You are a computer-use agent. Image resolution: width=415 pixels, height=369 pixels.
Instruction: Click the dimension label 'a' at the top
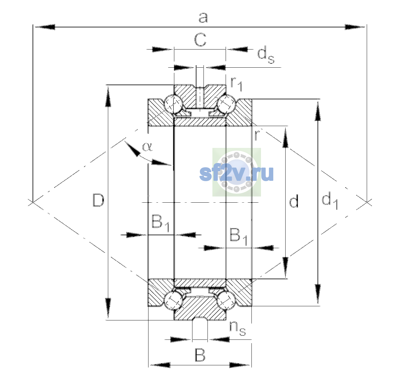(x=203, y=18)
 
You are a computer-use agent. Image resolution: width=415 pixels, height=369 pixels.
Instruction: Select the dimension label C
(x=200, y=40)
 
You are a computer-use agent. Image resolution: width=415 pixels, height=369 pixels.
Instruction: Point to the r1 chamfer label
(x=236, y=84)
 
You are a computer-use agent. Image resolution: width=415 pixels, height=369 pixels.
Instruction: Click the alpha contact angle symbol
(x=148, y=147)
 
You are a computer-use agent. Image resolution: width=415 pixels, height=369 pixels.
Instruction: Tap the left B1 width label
(x=160, y=223)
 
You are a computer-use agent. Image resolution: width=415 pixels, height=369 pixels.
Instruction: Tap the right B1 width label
(x=239, y=236)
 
